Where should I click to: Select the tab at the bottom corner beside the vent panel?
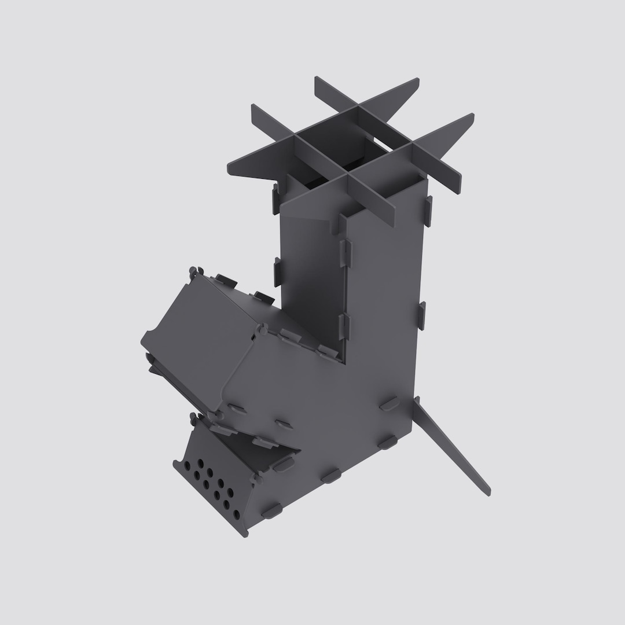(271, 510)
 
